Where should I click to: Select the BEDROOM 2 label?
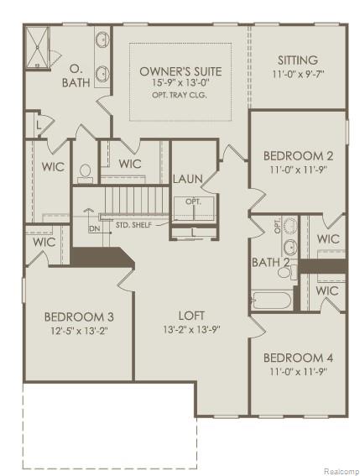click(298, 155)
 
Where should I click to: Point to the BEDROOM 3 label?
click(79, 316)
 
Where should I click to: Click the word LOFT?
click(191, 316)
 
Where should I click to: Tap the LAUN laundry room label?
click(185, 179)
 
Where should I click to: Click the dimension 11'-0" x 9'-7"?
click(297, 74)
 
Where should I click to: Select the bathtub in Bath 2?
click(271, 301)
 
